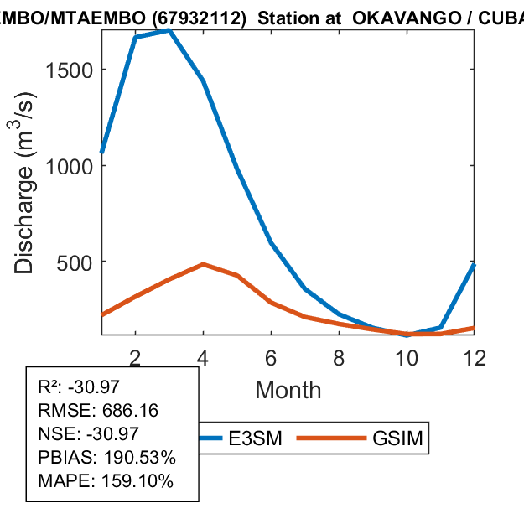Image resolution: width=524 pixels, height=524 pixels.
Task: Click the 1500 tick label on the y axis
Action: click(x=70, y=70)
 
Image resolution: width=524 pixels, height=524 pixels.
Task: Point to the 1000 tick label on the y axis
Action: click(x=70, y=165)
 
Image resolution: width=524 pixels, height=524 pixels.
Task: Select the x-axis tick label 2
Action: click(x=135, y=357)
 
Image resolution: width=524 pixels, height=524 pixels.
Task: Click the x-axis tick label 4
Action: click(x=203, y=357)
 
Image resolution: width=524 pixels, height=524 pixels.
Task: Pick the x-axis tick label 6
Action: click(x=271, y=357)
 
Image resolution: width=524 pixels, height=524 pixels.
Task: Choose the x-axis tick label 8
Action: click(x=339, y=357)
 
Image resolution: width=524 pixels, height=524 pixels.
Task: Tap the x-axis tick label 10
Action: click(x=407, y=357)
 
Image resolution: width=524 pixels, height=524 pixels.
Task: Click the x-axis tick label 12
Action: click(x=475, y=357)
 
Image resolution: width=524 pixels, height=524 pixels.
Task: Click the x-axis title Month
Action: click(x=288, y=390)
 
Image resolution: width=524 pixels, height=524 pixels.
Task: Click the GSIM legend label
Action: click(x=396, y=438)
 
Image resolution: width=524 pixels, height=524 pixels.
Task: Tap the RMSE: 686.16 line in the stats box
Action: click(x=98, y=411)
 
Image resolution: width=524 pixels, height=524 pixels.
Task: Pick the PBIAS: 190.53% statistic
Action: click(x=106, y=458)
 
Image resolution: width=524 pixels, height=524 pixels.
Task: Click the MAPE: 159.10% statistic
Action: click(x=106, y=481)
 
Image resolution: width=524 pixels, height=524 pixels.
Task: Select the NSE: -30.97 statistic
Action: click(x=91, y=434)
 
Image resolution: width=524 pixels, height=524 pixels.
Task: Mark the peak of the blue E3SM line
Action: click(x=169, y=30)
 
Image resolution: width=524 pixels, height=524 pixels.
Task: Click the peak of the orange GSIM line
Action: click(x=204, y=264)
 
